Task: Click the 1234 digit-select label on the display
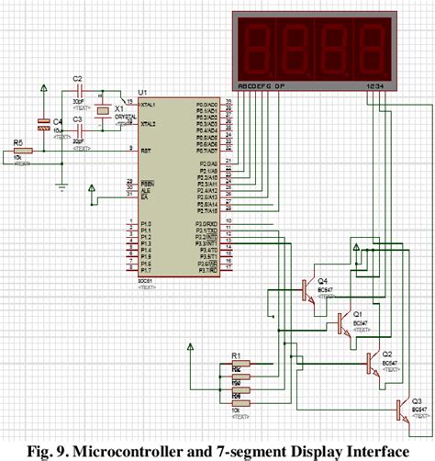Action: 374,86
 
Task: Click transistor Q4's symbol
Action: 306,292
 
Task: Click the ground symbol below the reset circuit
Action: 61,187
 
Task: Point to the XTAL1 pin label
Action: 150,104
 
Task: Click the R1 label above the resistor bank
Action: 235,355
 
